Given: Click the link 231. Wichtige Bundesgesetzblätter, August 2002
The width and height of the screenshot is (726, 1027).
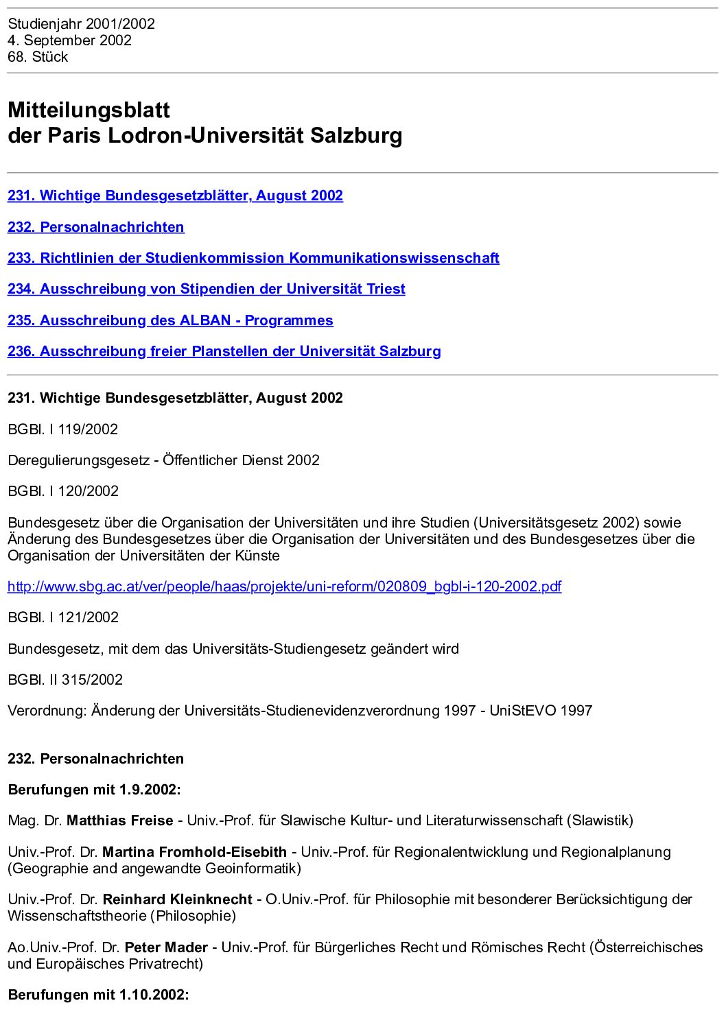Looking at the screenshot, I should (175, 196).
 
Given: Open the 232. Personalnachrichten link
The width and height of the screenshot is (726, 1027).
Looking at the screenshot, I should (96, 227).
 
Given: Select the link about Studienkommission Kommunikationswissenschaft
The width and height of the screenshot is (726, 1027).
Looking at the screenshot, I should (253, 258).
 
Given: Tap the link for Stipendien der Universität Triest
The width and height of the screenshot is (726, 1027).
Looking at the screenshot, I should (206, 289).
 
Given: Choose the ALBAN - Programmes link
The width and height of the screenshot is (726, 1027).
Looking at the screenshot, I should (170, 320).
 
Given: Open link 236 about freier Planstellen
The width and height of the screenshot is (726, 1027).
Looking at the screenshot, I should (224, 351).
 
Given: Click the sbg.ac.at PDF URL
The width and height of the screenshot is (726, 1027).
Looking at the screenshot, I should (284, 587).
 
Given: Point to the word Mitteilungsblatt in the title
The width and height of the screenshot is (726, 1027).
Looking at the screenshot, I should (89, 110).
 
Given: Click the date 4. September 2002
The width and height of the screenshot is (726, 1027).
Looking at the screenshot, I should (69, 40).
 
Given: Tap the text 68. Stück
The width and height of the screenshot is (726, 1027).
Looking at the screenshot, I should (38, 57).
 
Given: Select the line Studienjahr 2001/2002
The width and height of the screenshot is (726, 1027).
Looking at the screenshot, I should (81, 24).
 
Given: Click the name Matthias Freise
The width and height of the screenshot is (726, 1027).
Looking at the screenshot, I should (119, 821).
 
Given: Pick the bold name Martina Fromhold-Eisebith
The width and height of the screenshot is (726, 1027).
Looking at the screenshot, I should (194, 852).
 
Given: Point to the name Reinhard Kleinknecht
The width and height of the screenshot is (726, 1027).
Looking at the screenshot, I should (177, 899).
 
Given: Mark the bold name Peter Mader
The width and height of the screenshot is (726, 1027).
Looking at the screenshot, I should (166, 947).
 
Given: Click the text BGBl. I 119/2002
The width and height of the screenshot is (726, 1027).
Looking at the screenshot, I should (62, 429).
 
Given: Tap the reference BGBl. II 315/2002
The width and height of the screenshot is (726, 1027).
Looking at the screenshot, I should (65, 680).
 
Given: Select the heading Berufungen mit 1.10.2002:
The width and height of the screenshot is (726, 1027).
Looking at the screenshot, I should (98, 995).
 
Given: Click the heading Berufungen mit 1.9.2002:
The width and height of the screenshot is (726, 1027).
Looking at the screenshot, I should (94, 790).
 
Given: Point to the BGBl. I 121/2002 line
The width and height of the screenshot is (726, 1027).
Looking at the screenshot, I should (63, 617).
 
